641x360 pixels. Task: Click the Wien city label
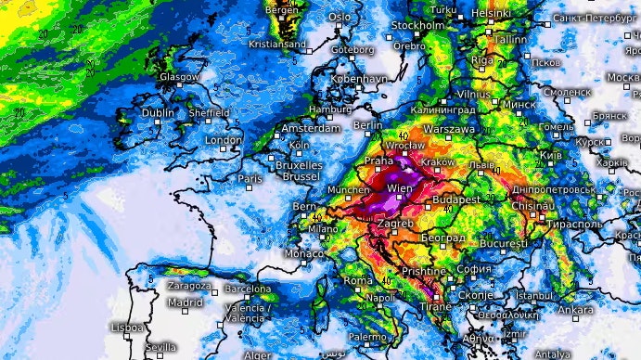[x=399, y=188]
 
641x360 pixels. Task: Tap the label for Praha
[x=379, y=161]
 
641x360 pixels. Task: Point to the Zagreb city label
[x=394, y=225]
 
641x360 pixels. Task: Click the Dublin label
[x=159, y=112]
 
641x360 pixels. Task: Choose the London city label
[x=224, y=140]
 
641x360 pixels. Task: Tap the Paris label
[x=250, y=178]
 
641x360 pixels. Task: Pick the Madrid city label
[x=186, y=302]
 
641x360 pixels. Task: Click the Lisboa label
[x=127, y=328]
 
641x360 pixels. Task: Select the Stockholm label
[x=418, y=25]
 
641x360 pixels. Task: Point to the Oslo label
[x=340, y=17]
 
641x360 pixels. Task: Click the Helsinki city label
[x=491, y=13]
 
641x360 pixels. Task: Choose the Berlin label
[x=368, y=125]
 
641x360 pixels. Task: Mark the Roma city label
[x=358, y=280]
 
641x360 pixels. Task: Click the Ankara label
[x=577, y=309]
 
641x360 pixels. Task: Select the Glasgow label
[x=179, y=77]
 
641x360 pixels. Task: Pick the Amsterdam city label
[x=311, y=128]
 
